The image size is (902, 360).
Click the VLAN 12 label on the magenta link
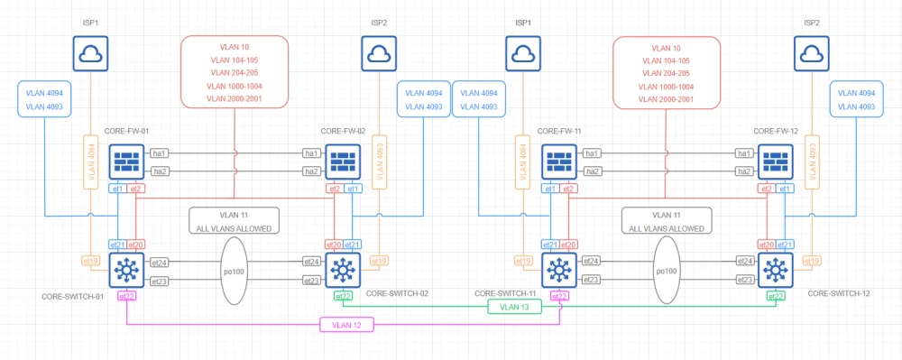coord(346,325)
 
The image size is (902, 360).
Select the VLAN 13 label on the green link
coord(514,307)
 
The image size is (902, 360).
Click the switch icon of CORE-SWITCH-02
coord(343,268)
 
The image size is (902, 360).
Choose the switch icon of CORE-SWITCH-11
coord(559,268)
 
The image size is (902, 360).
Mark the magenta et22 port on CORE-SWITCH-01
coord(127,296)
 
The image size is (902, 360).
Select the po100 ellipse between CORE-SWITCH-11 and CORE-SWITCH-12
coord(666,272)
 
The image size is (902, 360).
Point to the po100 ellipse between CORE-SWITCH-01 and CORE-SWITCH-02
coord(234,272)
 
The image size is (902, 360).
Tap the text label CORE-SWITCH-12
coord(838,294)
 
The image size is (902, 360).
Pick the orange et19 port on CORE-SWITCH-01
coord(90,261)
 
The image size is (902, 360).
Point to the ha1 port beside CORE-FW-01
coord(160,153)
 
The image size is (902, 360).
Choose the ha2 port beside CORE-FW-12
coord(744,171)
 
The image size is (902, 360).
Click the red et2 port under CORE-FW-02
coord(334,189)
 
